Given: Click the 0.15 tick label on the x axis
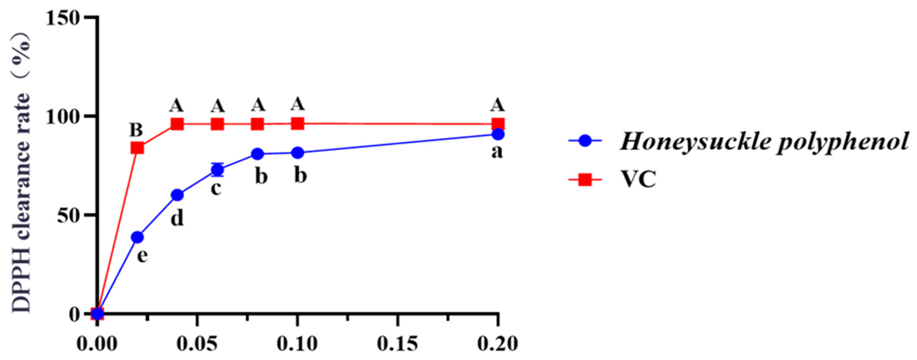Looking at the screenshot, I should (397, 344).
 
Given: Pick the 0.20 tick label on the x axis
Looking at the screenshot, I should (498, 344).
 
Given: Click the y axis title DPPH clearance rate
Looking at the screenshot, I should (21, 175).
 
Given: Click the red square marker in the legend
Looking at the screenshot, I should (585, 180).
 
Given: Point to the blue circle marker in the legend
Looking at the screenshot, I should (585, 141).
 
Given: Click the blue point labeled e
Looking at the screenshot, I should (137, 237).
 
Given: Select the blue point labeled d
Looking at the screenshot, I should (177, 195).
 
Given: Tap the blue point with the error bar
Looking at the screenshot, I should (217, 170).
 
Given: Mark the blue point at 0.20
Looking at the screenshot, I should (498, 134).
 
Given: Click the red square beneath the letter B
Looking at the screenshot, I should (137, 147).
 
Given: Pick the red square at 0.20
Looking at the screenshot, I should (498, 124).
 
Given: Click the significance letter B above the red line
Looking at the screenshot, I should (136, 130).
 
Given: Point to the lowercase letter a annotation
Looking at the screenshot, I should (497, 152).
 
